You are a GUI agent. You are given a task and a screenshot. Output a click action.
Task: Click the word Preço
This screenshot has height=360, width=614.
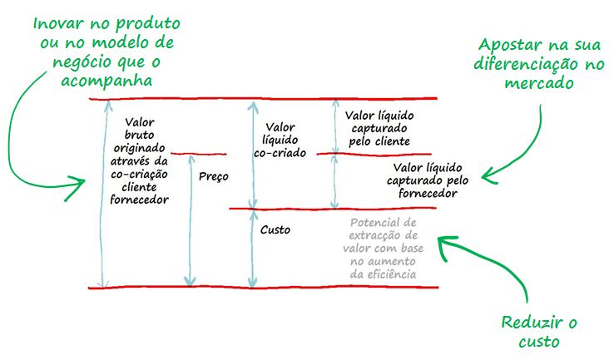pyautogui.click(x=214, y=176)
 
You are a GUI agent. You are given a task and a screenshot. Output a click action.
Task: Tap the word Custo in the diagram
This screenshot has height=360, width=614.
pyautogui.click(x=275, y=229)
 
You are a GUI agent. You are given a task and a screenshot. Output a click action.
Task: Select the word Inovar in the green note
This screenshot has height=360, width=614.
pyautogui.click(x=59, y=22)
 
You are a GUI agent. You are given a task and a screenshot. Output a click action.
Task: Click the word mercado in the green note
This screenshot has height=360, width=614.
pyautogui.click(x=541, y=84)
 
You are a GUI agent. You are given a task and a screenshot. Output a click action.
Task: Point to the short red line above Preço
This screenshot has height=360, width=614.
pyautogui.click(x=199, y=154)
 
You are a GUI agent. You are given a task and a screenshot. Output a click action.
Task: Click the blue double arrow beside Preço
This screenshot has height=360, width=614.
pyautogui.click(x=191, y=220)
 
